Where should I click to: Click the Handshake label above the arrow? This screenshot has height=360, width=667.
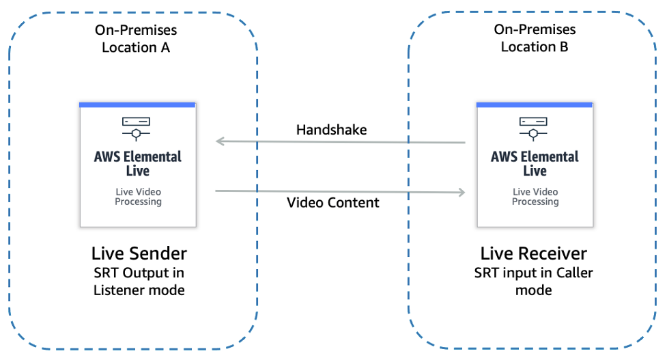[x=331, y=130]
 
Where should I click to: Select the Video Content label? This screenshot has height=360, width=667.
[x=332, y=202]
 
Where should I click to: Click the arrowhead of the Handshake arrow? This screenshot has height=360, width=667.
[x=220, y=141]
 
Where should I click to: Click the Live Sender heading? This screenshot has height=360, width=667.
[x=139, y=253]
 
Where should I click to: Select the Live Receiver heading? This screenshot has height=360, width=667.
[x=533, y=253]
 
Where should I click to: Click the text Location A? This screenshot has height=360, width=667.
[x=136, y=47]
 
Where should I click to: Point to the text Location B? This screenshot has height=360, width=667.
[x=535, y=46]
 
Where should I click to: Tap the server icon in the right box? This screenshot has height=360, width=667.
[x=535, y=126]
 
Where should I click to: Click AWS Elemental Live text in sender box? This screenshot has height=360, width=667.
[x=138, y=163]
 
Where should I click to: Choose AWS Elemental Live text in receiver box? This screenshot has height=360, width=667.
[x=535, y=163]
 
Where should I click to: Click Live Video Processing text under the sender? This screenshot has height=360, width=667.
[x=138, y=197]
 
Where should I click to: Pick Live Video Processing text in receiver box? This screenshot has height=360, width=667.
[x=535, y=197]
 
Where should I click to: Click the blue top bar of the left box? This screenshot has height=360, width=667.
[x=137, y=105]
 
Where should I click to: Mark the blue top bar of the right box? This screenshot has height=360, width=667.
[x=535, y=105]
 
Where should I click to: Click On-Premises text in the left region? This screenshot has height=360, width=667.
[x=136, y=30]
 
